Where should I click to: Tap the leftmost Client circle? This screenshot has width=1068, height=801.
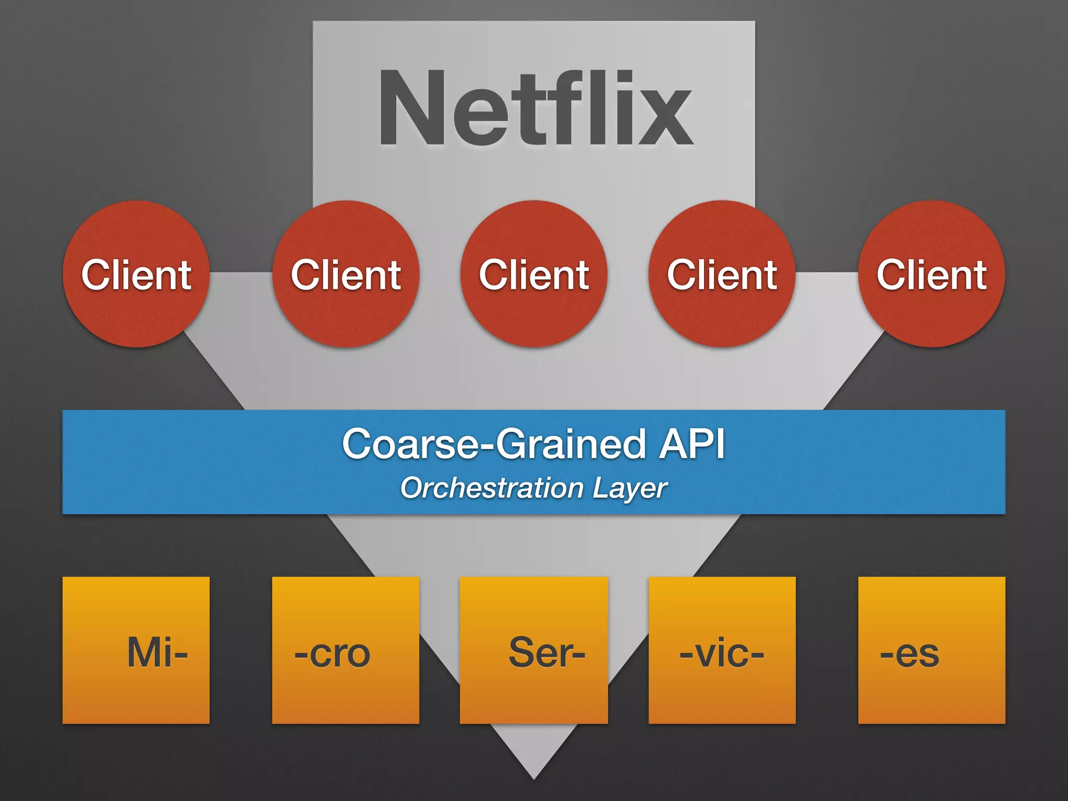click(136, 274)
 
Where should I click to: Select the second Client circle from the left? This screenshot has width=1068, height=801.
click(346, 274)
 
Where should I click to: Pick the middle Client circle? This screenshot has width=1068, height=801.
click(534, 274)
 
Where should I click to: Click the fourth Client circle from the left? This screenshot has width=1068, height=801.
click(722, 274)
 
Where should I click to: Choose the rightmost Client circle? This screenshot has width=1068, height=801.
click(931, 274)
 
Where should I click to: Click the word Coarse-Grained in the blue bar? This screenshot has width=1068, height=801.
click(493, 444)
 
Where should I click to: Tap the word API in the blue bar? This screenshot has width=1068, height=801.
click(691, 444)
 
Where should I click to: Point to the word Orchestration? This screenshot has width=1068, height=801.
click(491, 488)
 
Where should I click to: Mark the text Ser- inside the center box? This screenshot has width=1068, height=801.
click(547, 652)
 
